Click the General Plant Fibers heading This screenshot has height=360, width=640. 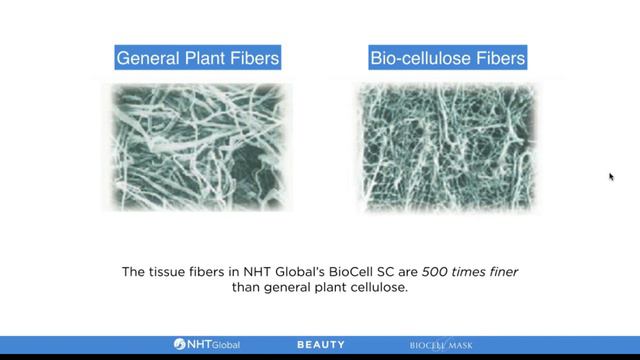point(197,59)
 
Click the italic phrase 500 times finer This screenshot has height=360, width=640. point(469,270)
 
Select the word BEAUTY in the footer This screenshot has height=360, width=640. point(321,344)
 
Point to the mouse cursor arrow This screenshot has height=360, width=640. point(611,176)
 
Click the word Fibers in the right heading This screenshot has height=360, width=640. point(499,59)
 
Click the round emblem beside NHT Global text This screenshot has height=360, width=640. point(179,344)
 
